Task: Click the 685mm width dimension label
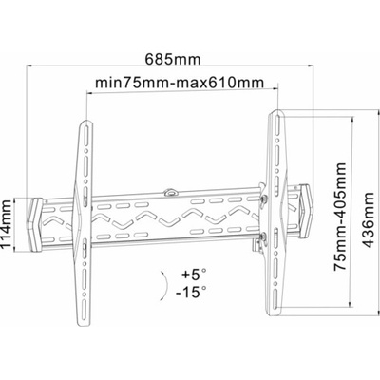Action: pos(173,59)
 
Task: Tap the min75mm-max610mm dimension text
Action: pos(180,83)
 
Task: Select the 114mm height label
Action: pos(7,225)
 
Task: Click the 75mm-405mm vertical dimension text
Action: pos(340,217)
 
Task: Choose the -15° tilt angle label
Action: pos(192,292)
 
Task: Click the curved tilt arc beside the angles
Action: pos(166,284)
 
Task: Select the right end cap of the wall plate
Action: pos(306,211)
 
